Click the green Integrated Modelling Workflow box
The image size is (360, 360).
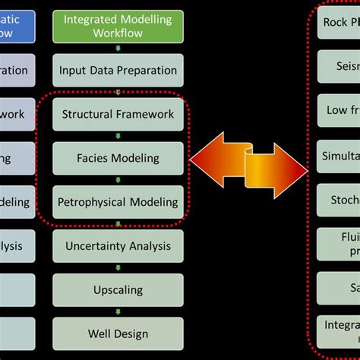point(118,27)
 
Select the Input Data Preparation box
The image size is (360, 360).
point(118,71)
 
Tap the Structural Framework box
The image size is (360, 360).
point(118,115)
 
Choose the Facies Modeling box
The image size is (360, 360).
point(118,158)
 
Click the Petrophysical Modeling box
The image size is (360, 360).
point(118,202)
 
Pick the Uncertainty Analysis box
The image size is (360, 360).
point(118,246)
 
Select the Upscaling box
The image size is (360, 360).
point(118,290)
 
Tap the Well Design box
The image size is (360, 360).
point(118,333)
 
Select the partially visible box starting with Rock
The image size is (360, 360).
point(339,23)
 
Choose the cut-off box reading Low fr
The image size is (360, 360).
point(339,111)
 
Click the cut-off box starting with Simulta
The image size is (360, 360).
point(339,155)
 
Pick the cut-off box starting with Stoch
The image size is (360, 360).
point(339,199)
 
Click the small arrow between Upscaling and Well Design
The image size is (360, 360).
point(118,312)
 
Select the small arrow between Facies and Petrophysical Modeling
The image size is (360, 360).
point(118,180)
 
